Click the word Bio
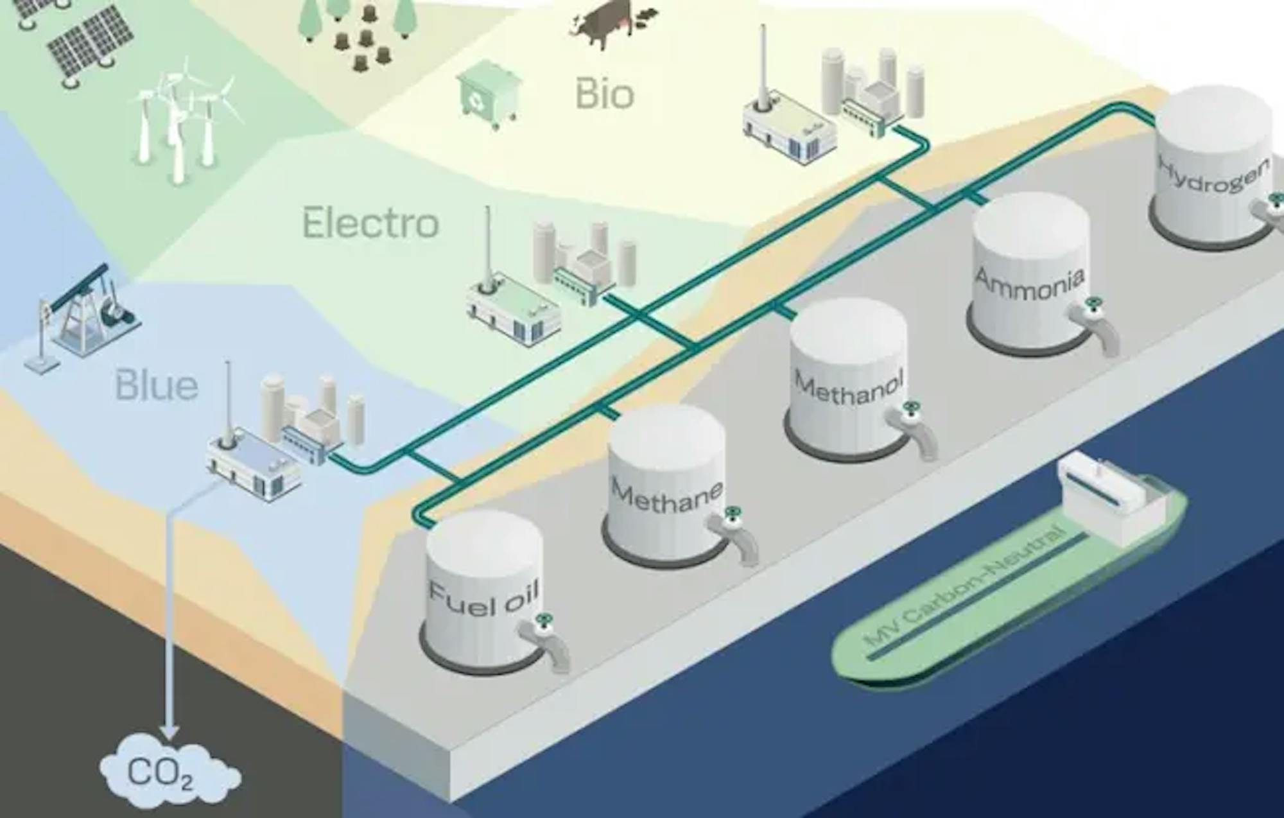(x=604, y=94)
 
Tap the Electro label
(x=370, y=223)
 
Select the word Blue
(x=156, y=385)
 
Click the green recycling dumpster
(x=488, y=94)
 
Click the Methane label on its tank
(x=666, y=495)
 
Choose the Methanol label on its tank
(x=849, y=387)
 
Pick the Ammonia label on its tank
(x=1029, y=283)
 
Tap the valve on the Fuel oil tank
(x=545, y=621)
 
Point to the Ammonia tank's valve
(x=1091, y=304)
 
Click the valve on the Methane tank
(x=730, y=514)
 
